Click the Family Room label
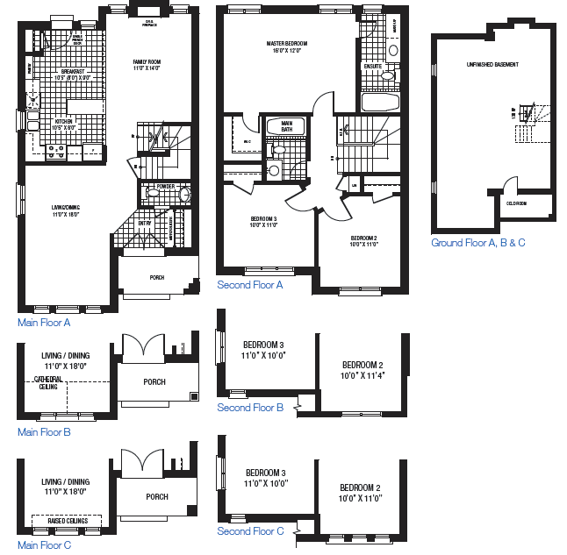pyautogui.click(x=147, y=61)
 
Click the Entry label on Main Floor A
pyautogui.click(x=145, y=223)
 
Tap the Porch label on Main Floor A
pyautogui.click(x=157, y=277)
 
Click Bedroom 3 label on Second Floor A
pyautogui.click(x=263, y=218)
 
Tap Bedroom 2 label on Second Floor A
pyautogui.click(x=363, y=238)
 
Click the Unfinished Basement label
pyautogui.click(x=492, y=65)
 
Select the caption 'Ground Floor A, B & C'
pyautogui.click(x=477, y=243)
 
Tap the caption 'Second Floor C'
pyautogui.click(x=250, y=531)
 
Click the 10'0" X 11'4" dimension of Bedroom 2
pyautogui.click(x=362, y=375)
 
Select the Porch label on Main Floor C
pyautogui.click(x=157, y=496)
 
